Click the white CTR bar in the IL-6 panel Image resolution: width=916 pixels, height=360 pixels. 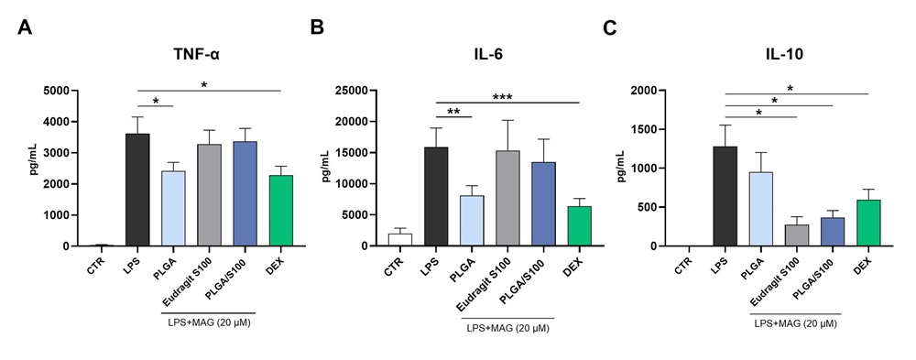(x=399, y=240)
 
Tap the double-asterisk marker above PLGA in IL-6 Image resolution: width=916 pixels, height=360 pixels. (x=453, y=113)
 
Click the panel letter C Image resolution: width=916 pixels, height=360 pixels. (x=610, y=26)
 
